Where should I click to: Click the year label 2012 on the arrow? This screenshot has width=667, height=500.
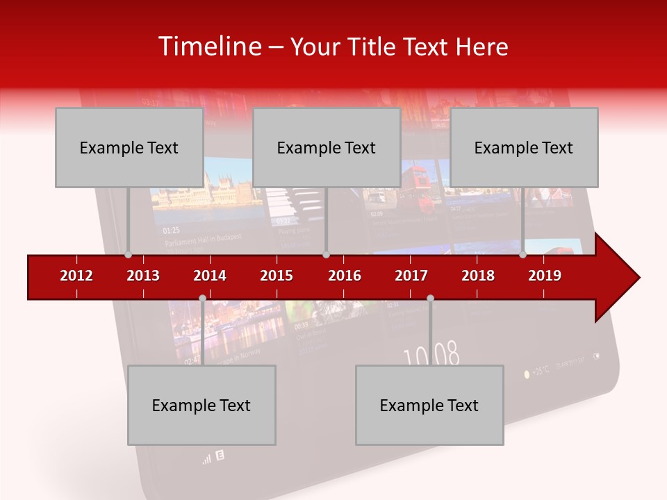76,276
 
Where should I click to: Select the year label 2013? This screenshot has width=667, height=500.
143,276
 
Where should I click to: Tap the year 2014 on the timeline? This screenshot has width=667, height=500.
210,276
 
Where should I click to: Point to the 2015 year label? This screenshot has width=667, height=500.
277,276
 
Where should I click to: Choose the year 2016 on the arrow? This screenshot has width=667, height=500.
345,276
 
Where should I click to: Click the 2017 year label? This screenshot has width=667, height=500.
411,276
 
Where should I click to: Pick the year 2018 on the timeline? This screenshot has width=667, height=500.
478,276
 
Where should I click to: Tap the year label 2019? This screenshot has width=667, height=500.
545,276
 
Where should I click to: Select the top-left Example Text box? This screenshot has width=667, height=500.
129,147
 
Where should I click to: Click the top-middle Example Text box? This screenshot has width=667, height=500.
327,147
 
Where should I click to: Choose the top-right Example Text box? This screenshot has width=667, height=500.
524,147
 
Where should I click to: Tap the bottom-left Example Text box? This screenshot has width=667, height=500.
201,405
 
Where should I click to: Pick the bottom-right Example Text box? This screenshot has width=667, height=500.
429,405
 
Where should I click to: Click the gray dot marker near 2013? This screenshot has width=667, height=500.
128,255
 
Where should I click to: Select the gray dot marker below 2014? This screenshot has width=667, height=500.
202,298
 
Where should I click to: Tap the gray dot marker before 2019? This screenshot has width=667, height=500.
522,255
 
